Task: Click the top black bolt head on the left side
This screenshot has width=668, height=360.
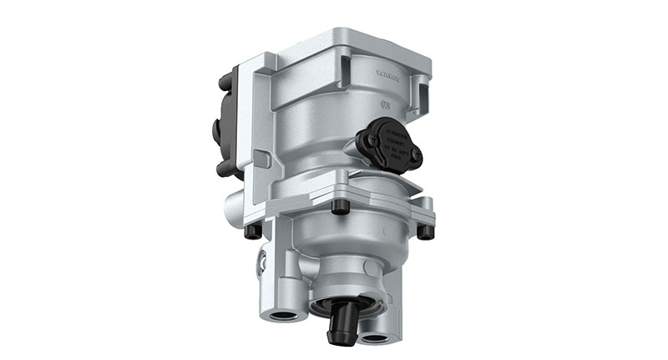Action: (x=225, y=82)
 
